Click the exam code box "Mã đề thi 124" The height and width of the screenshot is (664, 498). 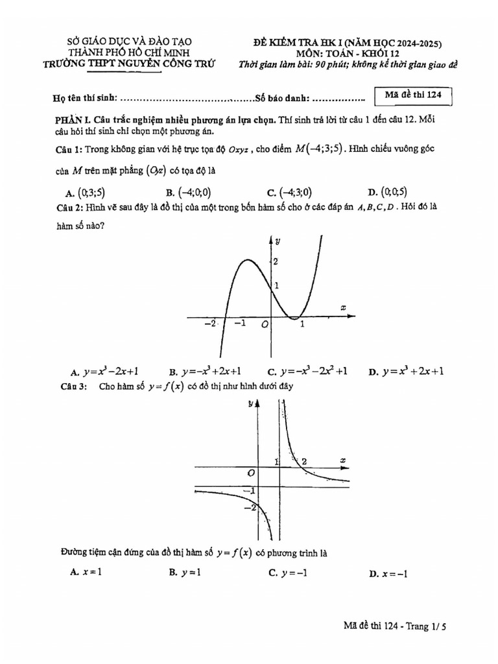(x=413, y=95)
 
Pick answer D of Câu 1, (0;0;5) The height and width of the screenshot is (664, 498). (x=388, y=192)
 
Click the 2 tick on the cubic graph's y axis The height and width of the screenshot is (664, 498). (x=276, y=261)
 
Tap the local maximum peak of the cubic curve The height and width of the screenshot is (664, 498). (x=245, y=260)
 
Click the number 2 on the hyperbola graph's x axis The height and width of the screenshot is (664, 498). (x=303, y=461)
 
